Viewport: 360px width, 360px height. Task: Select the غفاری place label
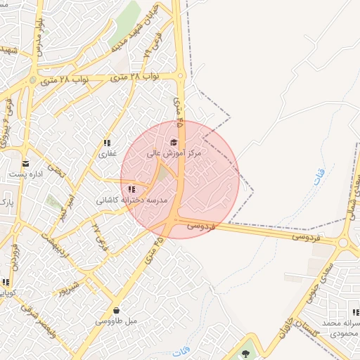click(x=107, y=153)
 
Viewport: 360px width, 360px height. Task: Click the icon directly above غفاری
click(x=107, y=143)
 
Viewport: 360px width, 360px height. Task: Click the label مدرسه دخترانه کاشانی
click(x=132, y=200)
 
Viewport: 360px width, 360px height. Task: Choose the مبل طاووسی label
click(x=116, y=321)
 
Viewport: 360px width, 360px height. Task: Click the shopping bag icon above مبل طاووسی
click(x=116, y=310)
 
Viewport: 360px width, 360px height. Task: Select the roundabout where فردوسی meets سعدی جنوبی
click(x=343, y=243)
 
